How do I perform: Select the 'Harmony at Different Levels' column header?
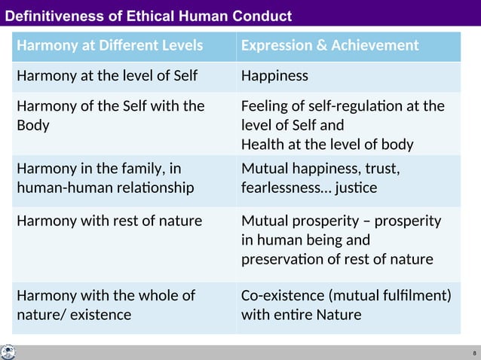click(x=110, y=46)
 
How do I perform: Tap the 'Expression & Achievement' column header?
click(x=329, y=46)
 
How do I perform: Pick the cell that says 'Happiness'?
click(x=274, y=76)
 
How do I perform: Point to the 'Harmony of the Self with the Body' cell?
click(x=110, y=115)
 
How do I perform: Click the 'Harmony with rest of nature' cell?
click(x=109, y=221)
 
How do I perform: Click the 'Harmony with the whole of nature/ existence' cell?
click(x=106, y=304)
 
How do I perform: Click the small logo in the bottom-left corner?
click(x=8, y=352)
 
